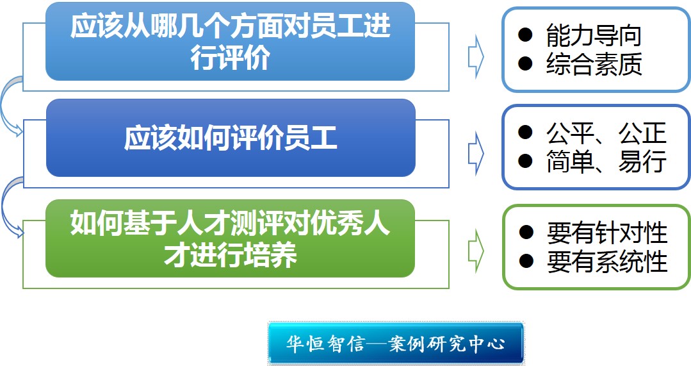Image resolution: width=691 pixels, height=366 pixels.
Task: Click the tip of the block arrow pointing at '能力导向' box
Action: (x=484, y=57)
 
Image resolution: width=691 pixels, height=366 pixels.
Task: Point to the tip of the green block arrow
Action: (x=484, y=251)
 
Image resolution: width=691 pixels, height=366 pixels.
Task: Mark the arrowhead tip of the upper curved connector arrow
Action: (x=22, y=131)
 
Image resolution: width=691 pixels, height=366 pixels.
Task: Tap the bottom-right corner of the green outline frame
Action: (x=449, y=288)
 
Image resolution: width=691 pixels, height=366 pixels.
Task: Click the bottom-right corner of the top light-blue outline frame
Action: (x=449, y=91)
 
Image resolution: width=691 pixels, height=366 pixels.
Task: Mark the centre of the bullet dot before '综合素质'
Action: (x=525, y=64)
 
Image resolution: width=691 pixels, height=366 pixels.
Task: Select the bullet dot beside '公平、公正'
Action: (x=525, y=132)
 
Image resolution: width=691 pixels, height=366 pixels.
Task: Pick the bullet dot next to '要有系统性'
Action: (x=526, y=261)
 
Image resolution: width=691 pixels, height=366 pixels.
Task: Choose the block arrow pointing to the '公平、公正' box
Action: (x=476, y=153)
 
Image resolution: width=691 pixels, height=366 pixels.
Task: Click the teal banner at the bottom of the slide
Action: (x=396, y=344)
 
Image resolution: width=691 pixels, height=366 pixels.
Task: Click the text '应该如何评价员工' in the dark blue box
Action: (x=231, y=138)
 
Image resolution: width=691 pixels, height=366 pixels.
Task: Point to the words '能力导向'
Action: (x=593, y=35)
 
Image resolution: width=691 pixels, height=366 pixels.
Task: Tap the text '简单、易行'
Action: (x=606, y=161)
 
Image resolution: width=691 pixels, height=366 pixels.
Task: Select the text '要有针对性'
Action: (x=607, y=233)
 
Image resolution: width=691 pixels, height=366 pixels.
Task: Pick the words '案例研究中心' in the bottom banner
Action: (x=446, y=344)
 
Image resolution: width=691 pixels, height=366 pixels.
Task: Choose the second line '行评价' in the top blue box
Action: (x=231, y=58)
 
